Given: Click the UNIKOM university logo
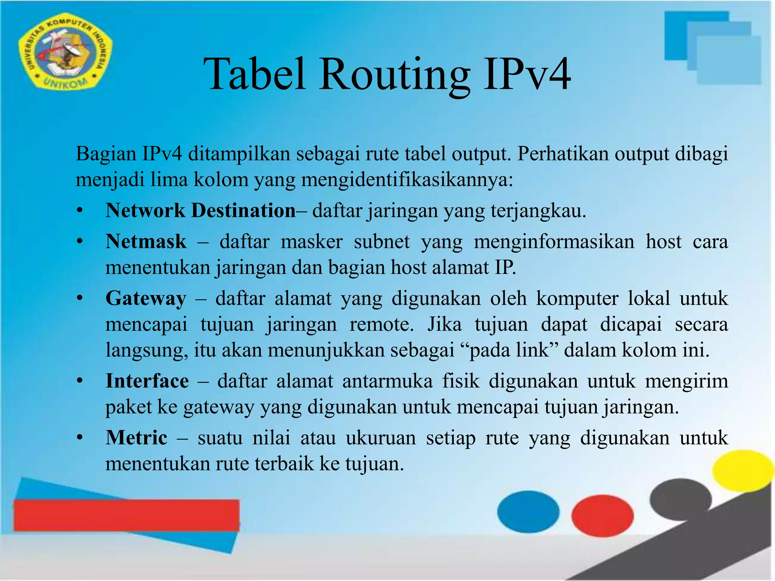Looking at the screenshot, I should (65, 53).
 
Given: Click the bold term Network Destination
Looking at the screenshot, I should (200, 210).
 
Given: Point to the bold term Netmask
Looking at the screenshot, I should (146, 241).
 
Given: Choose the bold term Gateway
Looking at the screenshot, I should (146, 298).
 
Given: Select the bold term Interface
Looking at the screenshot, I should (147, 381).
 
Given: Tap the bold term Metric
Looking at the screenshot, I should (136, 438).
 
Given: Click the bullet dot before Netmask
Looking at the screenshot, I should (79, 242).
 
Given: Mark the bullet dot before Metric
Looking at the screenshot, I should (79, 438).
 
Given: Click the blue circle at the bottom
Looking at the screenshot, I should (528, 511).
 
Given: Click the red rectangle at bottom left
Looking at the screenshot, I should (126, 515).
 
